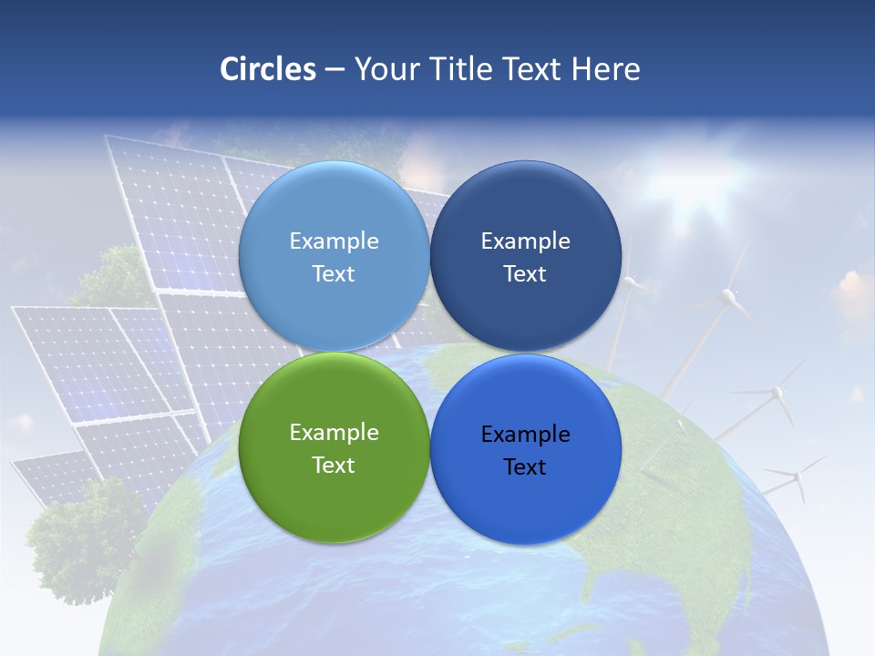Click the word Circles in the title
[267, 69]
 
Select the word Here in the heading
[605, 69]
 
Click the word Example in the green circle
[334, 433]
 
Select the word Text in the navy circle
[525, 274]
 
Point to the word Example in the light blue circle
[334, 241]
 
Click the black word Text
[525, 467]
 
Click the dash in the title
[335, 69]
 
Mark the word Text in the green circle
[334, 466]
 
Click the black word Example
[525, 435]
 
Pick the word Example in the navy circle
[525, 241]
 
